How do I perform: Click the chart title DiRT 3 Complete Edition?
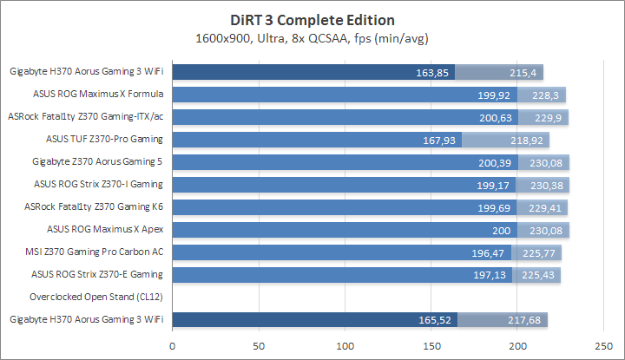click(312, 19)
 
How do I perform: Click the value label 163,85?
click(431, 72)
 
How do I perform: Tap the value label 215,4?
click(523, 72)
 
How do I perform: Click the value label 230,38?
click(547, 184)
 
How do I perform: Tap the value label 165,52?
click(434, 320)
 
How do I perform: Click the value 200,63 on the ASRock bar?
click(496, 116)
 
